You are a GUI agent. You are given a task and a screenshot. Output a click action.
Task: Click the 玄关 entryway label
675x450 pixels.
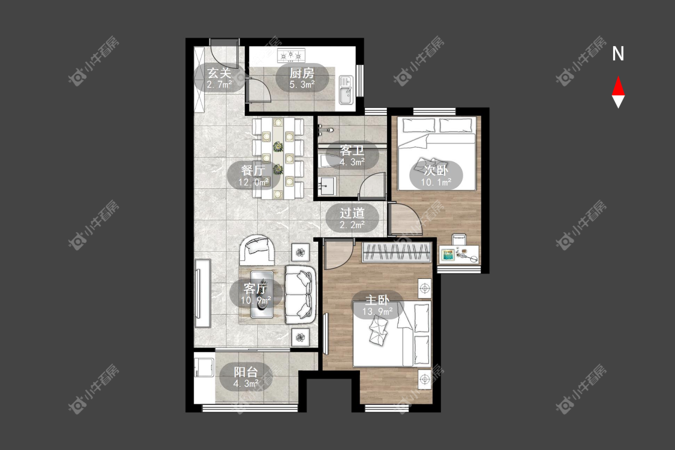(219, 73)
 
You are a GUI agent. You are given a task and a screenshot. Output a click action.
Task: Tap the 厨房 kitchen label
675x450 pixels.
(302, 73)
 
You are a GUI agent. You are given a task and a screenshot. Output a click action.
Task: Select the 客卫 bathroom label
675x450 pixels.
(352, 150)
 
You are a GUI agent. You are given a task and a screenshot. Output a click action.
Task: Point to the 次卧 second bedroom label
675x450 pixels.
(436, 170)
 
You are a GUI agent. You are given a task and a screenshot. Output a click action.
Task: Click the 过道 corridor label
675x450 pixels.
(352, 213)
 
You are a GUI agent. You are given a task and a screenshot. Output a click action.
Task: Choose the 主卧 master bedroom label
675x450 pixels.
(377, 299)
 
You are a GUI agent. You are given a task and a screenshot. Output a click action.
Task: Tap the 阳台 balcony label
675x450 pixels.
(246, 371)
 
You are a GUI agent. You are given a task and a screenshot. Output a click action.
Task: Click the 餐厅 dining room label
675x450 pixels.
(254, 170)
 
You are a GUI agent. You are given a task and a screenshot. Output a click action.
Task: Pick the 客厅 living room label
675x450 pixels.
(255, 288)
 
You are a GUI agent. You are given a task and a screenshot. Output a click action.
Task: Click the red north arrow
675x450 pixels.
(618, 86)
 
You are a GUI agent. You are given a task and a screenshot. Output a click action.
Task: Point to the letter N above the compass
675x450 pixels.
(618, 54)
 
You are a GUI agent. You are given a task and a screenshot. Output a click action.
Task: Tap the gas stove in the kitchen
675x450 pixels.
(291, 55)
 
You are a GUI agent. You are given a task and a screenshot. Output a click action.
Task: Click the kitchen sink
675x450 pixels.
(346, 90)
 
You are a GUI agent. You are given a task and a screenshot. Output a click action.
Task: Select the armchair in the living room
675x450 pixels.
(257, 250)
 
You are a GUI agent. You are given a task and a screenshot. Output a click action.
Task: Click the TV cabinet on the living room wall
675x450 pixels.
(203, 293)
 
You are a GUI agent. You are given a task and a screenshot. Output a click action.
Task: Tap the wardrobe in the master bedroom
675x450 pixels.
(397, 253)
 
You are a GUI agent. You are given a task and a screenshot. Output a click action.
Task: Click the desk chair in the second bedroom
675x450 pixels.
(459, 239)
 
